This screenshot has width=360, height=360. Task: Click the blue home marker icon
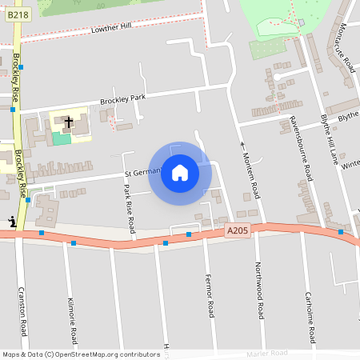point(180,173)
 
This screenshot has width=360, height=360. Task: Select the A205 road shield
point(238,230)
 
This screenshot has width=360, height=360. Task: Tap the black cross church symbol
point(69,122)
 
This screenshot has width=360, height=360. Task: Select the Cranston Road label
point(23,310)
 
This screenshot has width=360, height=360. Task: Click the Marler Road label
point(268,353)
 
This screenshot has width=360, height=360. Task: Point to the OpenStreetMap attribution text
point(80,354)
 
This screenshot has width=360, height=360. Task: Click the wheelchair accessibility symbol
point(11,222)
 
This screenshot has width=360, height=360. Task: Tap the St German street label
point(142,171)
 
